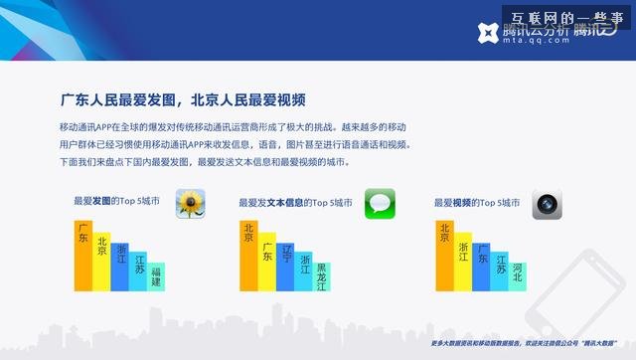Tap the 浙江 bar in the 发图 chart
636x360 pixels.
[x=120, y=264]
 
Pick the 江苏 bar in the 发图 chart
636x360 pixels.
[x=138, y=270]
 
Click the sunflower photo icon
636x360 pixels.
[x=190, y=203]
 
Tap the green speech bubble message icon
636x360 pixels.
[x=380, y=203]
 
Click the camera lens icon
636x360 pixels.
[x=547, y=203]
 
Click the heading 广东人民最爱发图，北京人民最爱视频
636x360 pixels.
[x=182, y=100]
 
